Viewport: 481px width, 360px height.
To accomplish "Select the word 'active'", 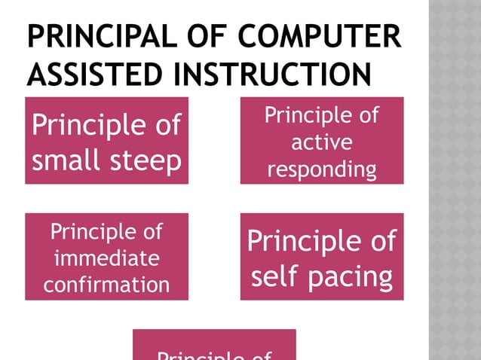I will [x=322, y=142].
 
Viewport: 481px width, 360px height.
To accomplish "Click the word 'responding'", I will [x=322, y=169].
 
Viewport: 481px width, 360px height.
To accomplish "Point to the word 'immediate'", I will [x=106, y=258].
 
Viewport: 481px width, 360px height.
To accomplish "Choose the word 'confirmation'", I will [x=106, y=285].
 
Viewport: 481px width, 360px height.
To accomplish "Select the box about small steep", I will [x=106, y=140].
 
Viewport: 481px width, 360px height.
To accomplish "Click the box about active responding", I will [x=322, y=140].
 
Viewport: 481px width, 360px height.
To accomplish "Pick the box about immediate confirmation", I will [x=106, y=256].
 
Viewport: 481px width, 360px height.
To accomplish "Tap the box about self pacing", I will [x=322, y=256].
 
